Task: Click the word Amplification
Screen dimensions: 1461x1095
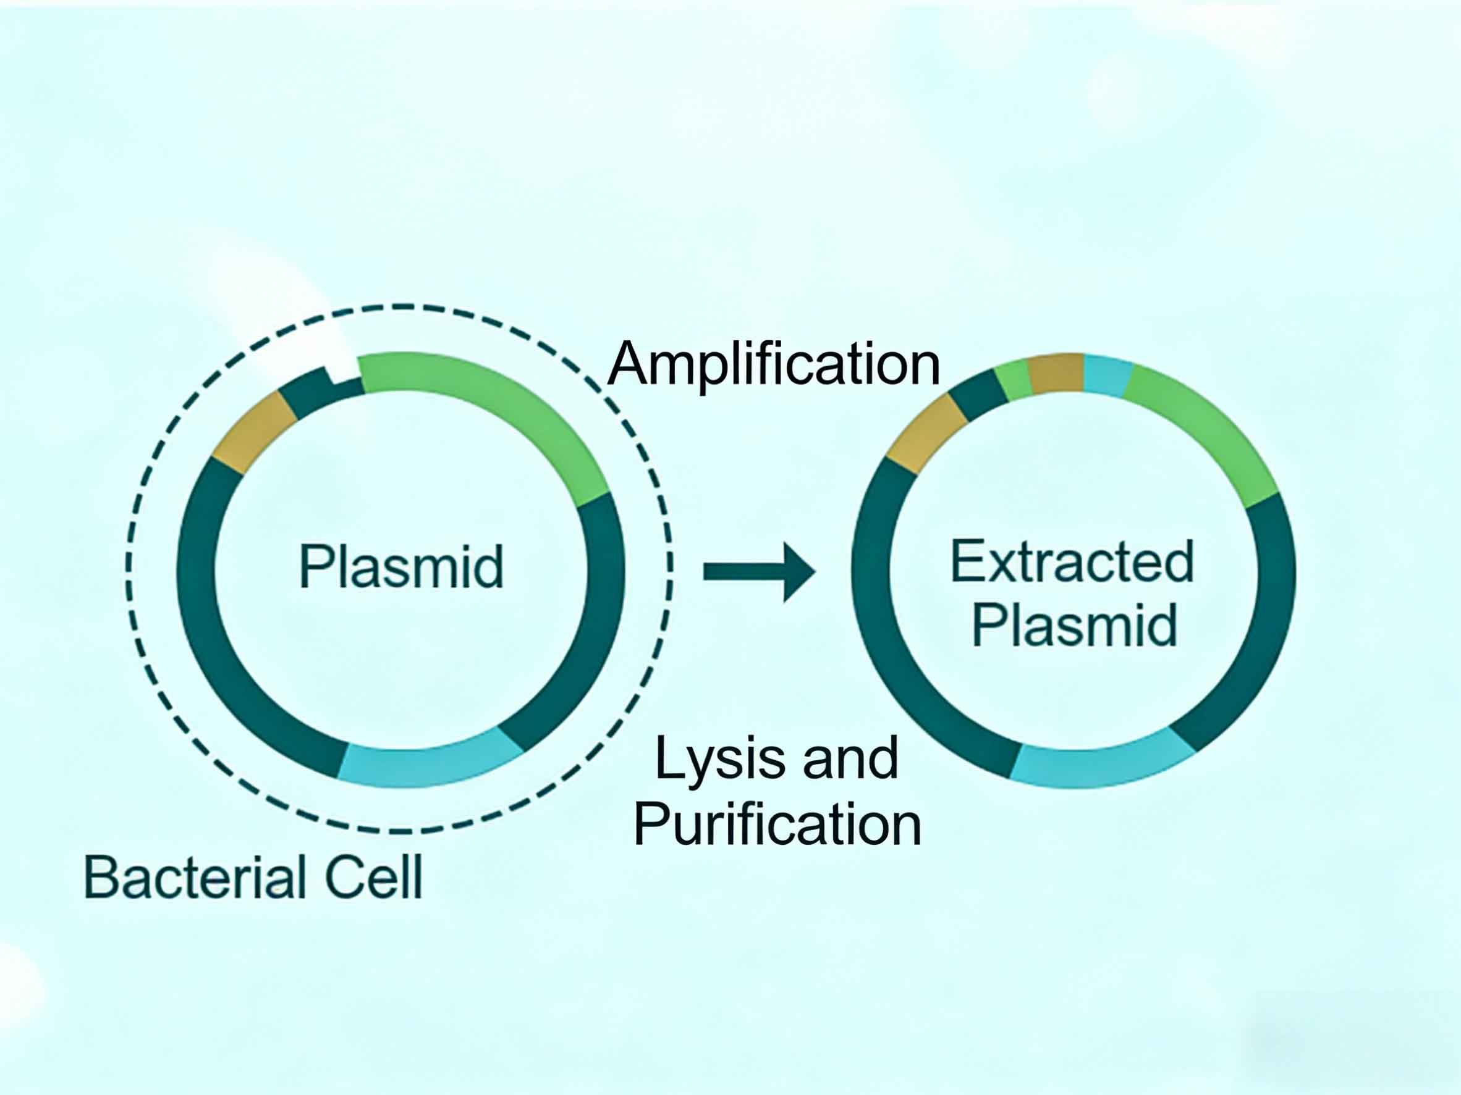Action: click(773, 366)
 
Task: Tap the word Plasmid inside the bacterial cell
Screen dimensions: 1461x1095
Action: click(401, 566)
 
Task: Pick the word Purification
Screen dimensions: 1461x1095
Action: click(777, 824)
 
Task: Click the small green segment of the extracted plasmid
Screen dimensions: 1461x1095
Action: click(1013, 381)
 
